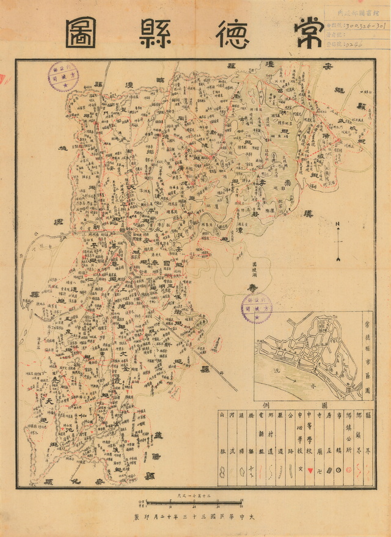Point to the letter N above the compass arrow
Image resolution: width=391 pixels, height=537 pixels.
[337, 224]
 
